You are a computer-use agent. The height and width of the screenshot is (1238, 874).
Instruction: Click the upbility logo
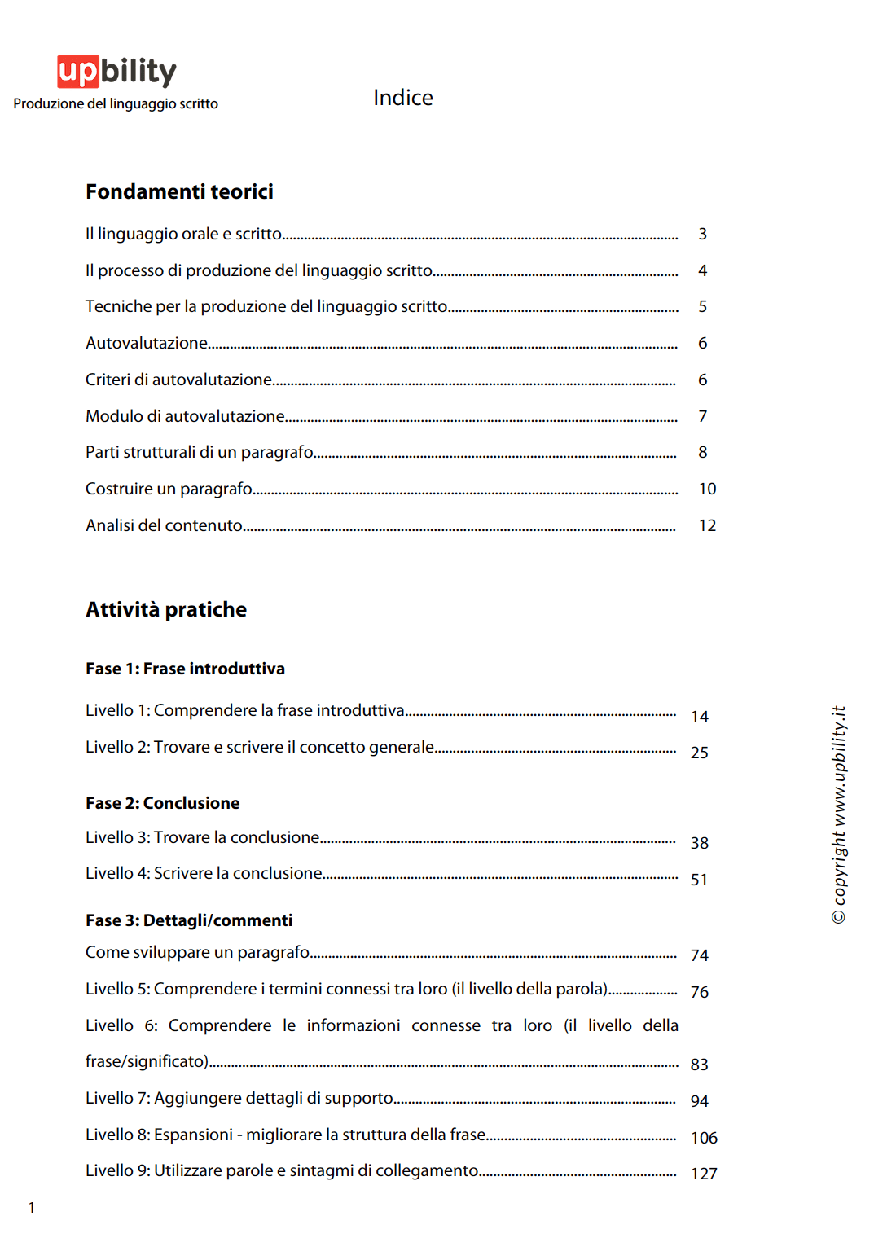tap(116, 72)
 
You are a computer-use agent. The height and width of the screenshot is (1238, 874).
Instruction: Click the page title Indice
tap(402, 98)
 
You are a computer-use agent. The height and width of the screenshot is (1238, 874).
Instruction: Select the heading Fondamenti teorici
tap(179, 191)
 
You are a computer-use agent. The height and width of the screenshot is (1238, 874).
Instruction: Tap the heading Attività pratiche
tap(166, 609)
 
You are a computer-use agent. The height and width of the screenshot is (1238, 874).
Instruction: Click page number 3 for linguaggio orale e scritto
tap(702, 235)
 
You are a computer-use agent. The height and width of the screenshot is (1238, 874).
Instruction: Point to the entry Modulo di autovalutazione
tap(185, 416)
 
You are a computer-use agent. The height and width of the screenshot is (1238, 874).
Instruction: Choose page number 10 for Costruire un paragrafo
tap(707, 489)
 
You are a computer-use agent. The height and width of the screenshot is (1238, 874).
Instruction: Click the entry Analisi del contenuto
tap(164, 525)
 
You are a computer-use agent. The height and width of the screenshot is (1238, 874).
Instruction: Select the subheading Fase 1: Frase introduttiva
tap(185, 669)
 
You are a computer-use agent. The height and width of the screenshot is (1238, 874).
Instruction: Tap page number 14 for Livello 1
tap(699, 717)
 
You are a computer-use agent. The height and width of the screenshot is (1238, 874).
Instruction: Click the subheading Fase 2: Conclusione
tap(162, 803)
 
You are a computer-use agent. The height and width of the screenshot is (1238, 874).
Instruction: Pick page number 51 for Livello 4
tap(699, 880)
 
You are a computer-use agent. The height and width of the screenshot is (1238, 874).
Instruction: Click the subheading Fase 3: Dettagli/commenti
tap(189, 920)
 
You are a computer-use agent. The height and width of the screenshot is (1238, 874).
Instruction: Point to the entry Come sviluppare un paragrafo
tap(197, 952)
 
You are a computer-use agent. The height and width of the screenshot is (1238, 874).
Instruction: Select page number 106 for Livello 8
tap(704, 1138)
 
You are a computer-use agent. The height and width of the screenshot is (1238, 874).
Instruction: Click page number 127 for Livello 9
tap(704, 1174)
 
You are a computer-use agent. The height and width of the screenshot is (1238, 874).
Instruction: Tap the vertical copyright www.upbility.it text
tap(838, 814)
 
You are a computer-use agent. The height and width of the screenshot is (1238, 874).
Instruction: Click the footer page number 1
tap(32, 1208)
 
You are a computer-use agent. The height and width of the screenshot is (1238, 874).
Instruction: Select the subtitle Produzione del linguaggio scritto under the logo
tap(116, 104)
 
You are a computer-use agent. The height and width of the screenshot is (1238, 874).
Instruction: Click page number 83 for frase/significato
tap(699, 1065)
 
